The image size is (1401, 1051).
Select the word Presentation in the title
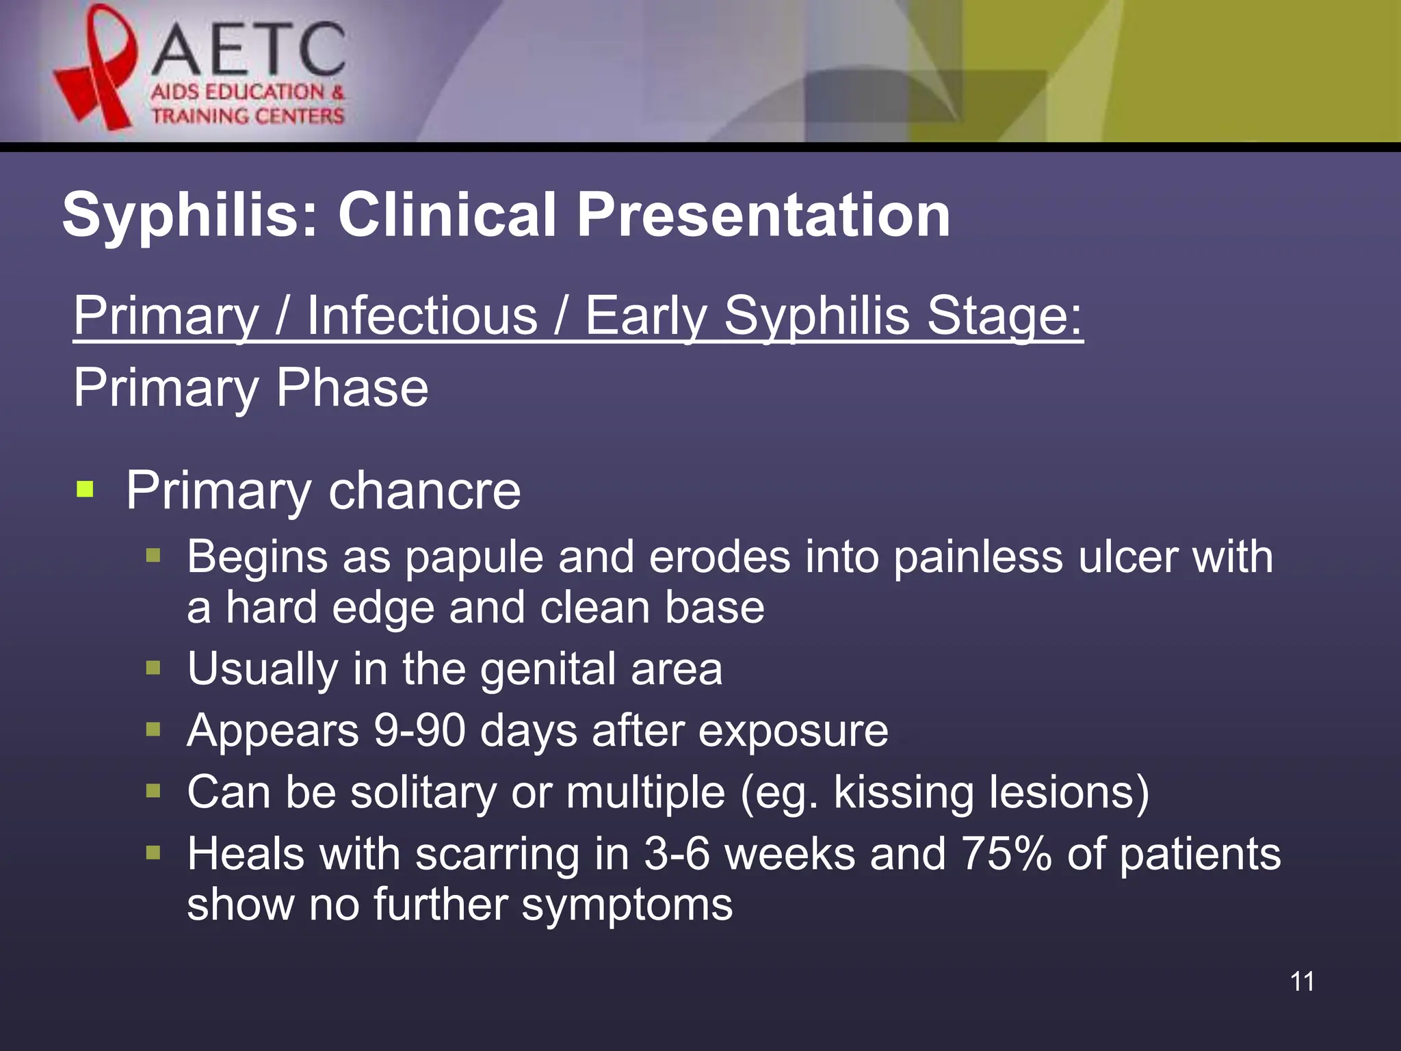[763, 216]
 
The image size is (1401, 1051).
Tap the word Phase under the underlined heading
[352, 388]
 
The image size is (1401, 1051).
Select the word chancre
[424, 491]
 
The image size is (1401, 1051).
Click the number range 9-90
[419, 730]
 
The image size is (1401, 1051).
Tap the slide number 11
[1302, 981]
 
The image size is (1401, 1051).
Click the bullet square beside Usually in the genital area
[153, 667]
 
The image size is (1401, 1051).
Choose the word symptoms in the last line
[627, 905]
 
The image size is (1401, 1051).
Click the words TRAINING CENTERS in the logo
[248, 116]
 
